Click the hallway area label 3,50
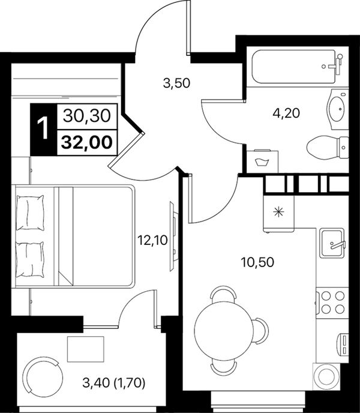(176, 83)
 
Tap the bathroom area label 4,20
(286, 113)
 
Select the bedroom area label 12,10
(152, 240)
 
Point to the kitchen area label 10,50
(257, 262)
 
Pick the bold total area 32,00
(86, 142)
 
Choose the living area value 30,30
(86, 116)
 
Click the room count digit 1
(43, 129)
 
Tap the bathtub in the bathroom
(293, 67)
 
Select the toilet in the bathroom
(328, 147)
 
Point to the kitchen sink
(332, 243)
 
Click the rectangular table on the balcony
(86, 349)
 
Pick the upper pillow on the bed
(30, 213)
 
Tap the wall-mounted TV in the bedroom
(173, 236)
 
